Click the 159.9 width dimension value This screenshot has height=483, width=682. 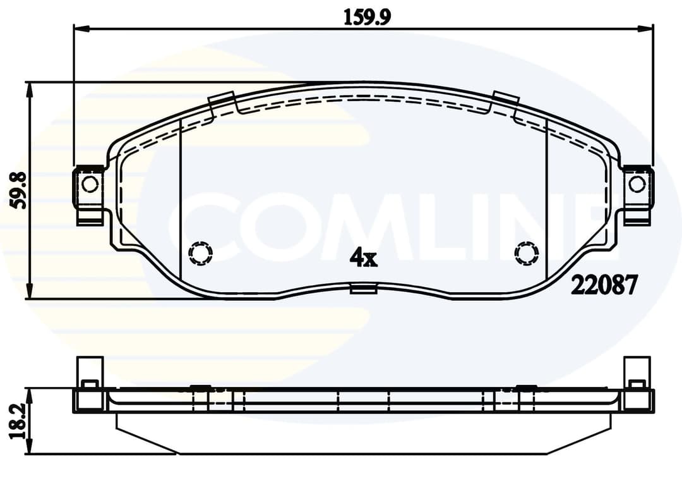tap(367, 16)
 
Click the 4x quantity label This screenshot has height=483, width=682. tap(364, 257)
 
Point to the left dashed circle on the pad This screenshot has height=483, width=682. tap(201, 253)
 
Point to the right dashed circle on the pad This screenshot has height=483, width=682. tap(527, 253)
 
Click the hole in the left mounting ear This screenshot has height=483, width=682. tap(90, 184)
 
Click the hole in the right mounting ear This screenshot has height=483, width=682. tap(637, 184)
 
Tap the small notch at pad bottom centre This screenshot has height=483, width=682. tap(364, 290)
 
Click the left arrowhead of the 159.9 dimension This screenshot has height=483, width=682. tap(81, 28)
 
